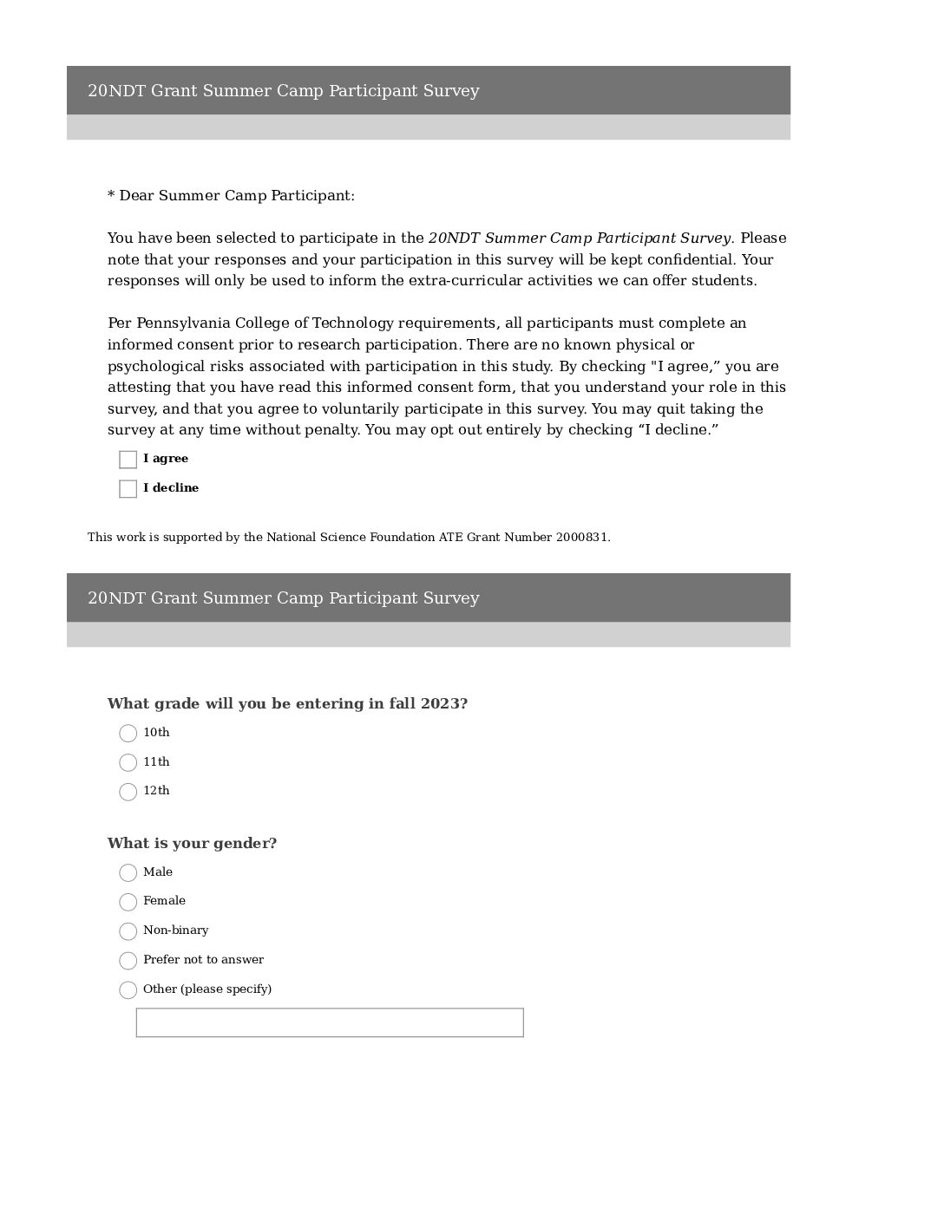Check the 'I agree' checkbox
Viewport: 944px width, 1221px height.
[128, 460]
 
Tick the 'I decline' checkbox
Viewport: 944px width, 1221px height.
[128, 489]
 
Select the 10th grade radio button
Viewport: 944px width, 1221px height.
[128, 734]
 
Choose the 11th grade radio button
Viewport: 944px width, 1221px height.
[128, 763]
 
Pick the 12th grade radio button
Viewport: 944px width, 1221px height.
[128, 792]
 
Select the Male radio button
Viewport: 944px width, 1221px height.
[128, 873]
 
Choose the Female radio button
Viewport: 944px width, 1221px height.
[128, 902]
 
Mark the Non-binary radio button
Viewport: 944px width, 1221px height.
[128, 931]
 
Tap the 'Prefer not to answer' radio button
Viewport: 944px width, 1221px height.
[128, 961]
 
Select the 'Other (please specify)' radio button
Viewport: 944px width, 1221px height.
[128, 990]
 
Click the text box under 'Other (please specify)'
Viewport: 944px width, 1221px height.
[330, 1022]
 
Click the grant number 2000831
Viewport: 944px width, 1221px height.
[583, 538]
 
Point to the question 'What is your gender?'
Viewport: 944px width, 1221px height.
[192, 844]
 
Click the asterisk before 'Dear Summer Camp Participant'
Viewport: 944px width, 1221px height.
[111, 196]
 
